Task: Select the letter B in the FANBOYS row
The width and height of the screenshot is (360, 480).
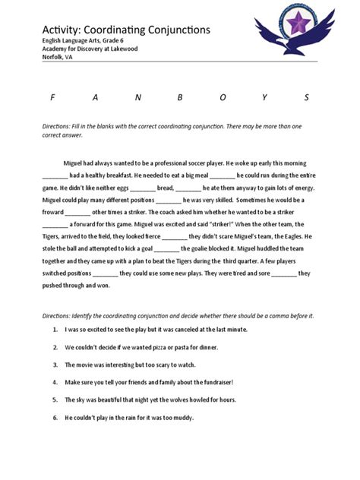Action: tap(180, 97)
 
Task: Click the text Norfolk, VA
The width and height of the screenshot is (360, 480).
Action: tap(58, 57)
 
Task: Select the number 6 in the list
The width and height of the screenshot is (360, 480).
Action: tap(56, 417)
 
